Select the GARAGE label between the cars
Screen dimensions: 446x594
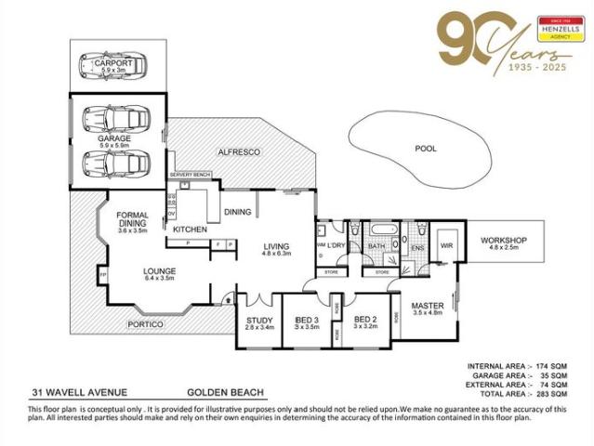pyautogui.click(x=114, y=138)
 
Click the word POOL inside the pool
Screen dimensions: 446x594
pyautogui.click(x=426, y=148)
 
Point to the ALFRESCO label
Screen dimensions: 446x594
pyautogui.click(x=236, y=151)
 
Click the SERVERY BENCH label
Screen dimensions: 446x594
pyautogui.click(x=192, y=175)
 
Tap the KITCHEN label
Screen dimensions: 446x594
pyautogui.click(x=190, y=229)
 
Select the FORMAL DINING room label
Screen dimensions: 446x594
pyautogui.click(x=133, y=219)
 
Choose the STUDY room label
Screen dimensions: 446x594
pyautogui.click(x=257, y=321)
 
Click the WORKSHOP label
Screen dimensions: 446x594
pyautogui.click(x=503, y=241)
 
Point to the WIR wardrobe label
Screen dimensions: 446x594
pyautogui.click(x=445, y=245)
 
